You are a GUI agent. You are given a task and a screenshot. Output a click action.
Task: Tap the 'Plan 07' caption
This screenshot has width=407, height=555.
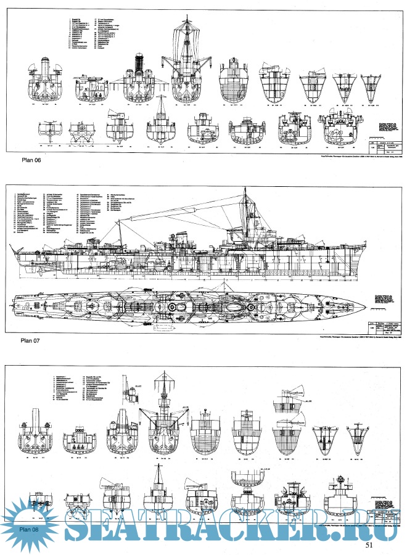pos(33,339)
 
